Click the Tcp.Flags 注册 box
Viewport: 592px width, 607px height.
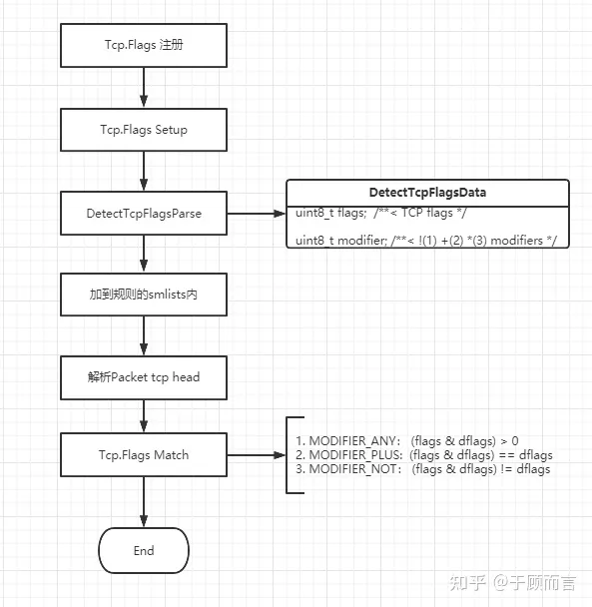point(144,45)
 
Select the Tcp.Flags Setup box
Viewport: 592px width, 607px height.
point(144,130)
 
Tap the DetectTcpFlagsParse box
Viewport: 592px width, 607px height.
point(144,213)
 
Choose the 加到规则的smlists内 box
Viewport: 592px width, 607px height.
point(144,295)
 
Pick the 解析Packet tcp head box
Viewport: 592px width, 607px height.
point(144,377)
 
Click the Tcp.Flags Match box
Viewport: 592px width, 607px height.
point(144,455)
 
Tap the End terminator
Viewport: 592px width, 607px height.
point(144,550)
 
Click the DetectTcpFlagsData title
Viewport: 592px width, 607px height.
point(427,193)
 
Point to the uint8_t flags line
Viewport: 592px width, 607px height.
point(381,213)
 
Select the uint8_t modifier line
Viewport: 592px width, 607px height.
point(426,241)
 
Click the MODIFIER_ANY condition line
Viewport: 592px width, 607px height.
point(407,441)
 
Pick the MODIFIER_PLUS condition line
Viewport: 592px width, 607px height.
point(424,455)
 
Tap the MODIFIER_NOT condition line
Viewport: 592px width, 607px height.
point(423,469)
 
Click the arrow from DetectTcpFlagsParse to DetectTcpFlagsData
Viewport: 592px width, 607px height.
point(257,214)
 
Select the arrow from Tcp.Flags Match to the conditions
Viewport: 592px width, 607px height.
point(257,455)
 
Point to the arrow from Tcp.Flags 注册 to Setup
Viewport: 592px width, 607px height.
point(144,88)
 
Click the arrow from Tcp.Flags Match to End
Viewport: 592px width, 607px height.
point(144,502)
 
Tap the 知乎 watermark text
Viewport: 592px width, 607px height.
point(467,583)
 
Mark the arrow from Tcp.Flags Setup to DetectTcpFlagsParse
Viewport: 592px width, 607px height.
point(144,171)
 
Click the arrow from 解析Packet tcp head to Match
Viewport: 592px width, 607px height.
point(144,416)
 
